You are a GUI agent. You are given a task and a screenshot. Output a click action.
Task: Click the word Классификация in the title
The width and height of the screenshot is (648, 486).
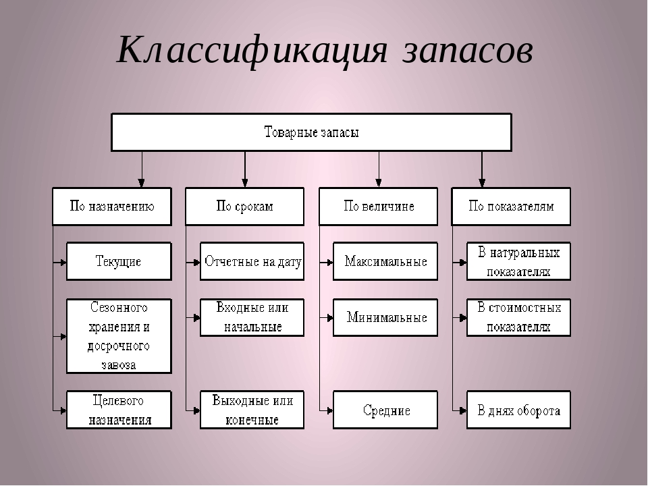coord(253,49)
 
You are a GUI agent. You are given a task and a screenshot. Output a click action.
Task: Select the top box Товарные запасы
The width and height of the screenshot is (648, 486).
coord(311,132)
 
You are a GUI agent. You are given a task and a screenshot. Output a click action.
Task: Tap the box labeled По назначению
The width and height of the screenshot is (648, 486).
coord(112,207)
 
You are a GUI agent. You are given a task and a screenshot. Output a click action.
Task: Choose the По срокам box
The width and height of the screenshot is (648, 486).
coord(244,207)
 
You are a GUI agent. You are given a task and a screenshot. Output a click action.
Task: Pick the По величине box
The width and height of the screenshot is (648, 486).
coord(378,207)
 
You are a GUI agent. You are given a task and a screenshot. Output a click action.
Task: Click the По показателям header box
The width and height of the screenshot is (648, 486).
coord(511,207)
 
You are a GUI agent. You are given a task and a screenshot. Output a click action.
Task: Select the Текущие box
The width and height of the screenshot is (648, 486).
coord(118,261)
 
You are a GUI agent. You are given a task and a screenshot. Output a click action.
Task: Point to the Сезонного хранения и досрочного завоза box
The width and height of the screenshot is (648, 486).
coord(118,336)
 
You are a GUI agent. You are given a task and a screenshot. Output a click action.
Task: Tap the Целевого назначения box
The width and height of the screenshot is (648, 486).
coord(118,410)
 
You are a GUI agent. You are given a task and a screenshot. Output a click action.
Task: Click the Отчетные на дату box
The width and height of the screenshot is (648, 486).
coord(252,261)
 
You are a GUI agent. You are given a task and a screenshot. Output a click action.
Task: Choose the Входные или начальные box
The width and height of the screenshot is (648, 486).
coord(252,317)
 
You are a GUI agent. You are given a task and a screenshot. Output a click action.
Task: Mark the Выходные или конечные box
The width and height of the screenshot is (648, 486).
coord(252,410)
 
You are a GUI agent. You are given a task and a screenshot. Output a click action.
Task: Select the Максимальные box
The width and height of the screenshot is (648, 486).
coord(385,261)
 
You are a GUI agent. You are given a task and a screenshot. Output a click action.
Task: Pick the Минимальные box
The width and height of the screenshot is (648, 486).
coord(385,317)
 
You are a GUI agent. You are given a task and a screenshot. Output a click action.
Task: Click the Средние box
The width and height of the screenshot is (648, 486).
coord(385,410)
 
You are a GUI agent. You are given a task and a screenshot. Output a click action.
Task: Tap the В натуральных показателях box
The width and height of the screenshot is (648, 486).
coord(518,261)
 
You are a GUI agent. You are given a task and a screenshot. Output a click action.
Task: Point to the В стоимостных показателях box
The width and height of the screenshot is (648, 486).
coord(518,317)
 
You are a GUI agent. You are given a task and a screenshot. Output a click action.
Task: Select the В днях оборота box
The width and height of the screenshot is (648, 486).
coord(518,410)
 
